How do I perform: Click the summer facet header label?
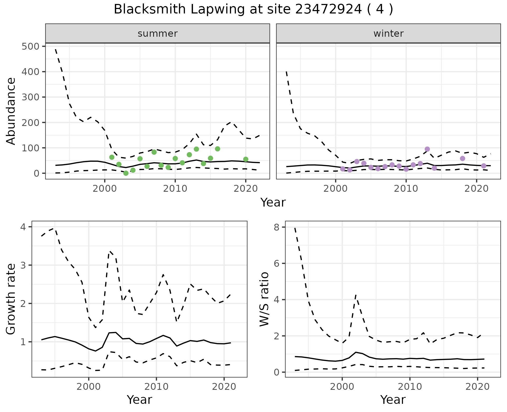pyautogui.click(x=158, y=34)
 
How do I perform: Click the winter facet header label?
pyautogui.click(x=388, y=34)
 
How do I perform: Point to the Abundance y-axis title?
pyautogui.click(x=11, y=111)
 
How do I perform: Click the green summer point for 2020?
pyautogui.click(x=246, y=159)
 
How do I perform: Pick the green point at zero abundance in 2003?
pyautogui.click(x=126, y=173)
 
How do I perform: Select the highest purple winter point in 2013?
pyautogui.click(x=427, y=149)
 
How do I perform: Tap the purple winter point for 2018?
pyautogui.click(x=462, y=158)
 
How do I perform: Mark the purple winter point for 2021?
pyautogui.click(x=483, y=166)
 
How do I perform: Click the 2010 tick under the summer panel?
pyautogui.click(x=175, y=189)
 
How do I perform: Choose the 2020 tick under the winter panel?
pyautogui.click(x=476, y=189)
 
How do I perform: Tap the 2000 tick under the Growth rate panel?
pyautogui.click(x=89, y=387)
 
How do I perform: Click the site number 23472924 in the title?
pyautogui.click(x=327, y=10)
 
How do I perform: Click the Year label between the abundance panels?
pyautogui.click(x=273, y=203)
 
